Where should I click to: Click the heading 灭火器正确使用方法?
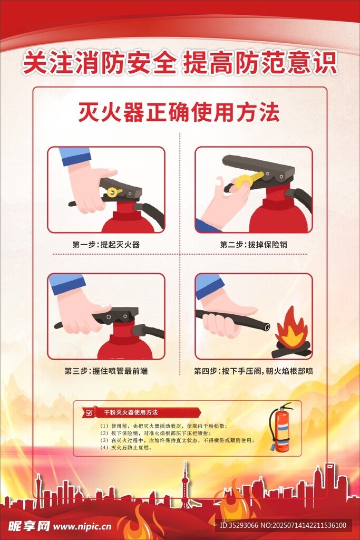179,112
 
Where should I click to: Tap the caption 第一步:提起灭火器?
105,245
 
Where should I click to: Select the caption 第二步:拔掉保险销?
254,245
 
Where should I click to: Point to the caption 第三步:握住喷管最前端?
106,371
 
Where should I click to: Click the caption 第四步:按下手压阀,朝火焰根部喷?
254,371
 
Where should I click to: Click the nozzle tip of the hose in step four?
266,326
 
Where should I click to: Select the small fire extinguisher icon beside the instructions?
280,427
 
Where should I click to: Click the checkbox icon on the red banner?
89,412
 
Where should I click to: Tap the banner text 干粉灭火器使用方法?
131,412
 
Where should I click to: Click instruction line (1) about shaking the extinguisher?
163,426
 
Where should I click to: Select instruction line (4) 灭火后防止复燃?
126,448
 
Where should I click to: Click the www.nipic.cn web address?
82,526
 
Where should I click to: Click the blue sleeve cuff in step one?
75,157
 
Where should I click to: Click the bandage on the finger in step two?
219,181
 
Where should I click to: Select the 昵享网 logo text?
29,526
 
